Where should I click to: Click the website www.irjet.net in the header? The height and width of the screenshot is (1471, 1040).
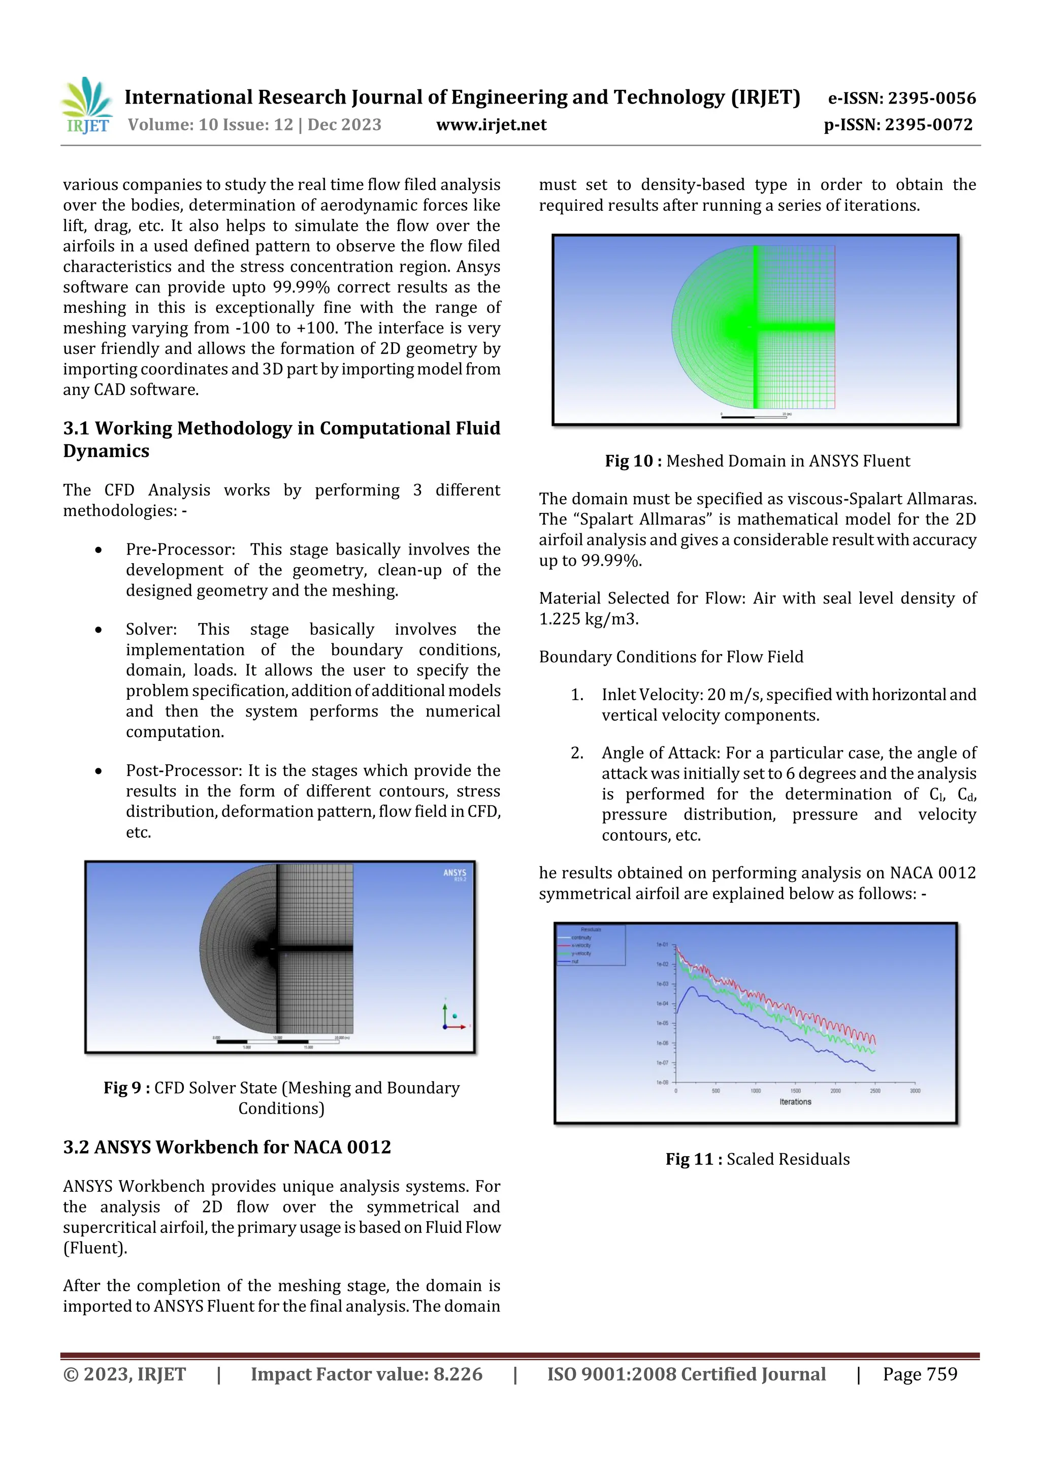tap(491, 125)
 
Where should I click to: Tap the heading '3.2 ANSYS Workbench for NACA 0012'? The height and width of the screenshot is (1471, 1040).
tap(227, 1147)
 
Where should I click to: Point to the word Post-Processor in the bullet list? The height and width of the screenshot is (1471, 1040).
tap(183, 771)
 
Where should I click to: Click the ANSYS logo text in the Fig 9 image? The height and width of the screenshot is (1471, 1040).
tap(454, 873)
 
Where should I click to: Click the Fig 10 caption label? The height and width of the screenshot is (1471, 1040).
tap(633, 461)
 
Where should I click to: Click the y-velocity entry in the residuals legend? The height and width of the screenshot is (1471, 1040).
tap(581, 953)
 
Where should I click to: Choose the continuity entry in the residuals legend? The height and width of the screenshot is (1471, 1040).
tap(581, 937)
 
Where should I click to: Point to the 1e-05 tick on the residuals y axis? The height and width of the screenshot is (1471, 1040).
tap(662, 1023)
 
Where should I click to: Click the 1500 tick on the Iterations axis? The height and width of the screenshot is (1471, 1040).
tap(795, 1091)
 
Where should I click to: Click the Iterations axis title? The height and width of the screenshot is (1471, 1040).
tap(795, 1102)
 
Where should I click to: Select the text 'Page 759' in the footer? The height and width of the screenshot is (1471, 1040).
tap(920, 1374)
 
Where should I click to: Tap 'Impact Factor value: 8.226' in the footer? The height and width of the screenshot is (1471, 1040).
tap(366, 1374)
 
